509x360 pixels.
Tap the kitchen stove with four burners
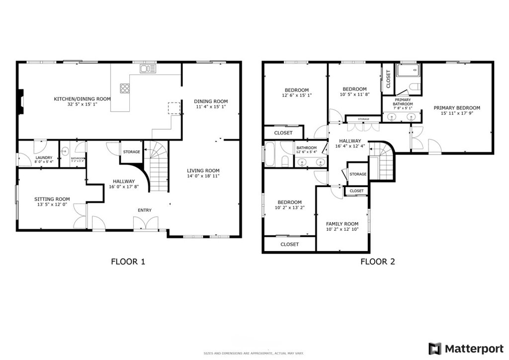125,89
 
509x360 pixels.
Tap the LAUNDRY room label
44,158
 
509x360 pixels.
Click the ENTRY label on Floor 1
145,210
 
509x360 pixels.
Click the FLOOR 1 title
128,262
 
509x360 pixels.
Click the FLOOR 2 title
378,262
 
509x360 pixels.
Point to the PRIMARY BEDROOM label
457,108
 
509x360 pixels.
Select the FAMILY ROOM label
342,224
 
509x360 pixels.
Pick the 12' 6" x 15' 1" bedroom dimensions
296,95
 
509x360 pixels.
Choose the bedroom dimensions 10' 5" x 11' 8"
354,94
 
